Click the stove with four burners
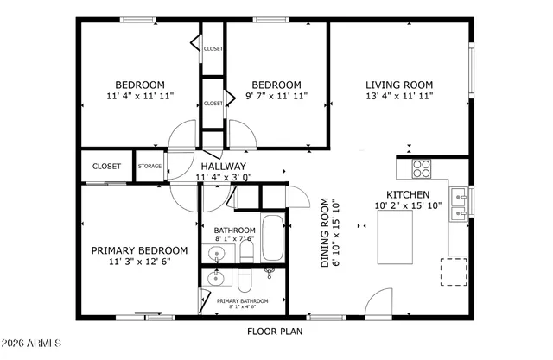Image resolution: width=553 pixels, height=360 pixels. (x=422, y=167)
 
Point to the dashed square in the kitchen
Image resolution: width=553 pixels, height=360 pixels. (x=454, y=271)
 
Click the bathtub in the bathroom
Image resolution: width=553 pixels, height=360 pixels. (x=272, y=239)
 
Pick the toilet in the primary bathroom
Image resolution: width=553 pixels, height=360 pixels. (x=245, y=281)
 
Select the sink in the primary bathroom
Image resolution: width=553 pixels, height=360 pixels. (x=217, y=280)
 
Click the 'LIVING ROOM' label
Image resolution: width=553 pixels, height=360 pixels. (x=399, y=85)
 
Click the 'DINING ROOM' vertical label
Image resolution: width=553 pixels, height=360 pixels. (x=326, y=234)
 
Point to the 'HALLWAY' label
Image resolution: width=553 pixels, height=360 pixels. (x=224, y=167)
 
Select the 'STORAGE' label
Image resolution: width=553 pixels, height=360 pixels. (x=149, y=166)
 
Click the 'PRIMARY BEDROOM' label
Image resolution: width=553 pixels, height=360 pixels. (x=139, y=250)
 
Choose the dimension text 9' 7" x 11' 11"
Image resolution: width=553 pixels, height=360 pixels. (x=270, y=96)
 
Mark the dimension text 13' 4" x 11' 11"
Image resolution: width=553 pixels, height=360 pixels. (x=399, y=96)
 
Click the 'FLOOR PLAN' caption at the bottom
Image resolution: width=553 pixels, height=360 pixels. (x=272, y=330)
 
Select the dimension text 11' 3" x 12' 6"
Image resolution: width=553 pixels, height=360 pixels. (x=139, y=262)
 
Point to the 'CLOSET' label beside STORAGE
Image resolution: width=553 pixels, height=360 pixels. (x=106, y=166)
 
